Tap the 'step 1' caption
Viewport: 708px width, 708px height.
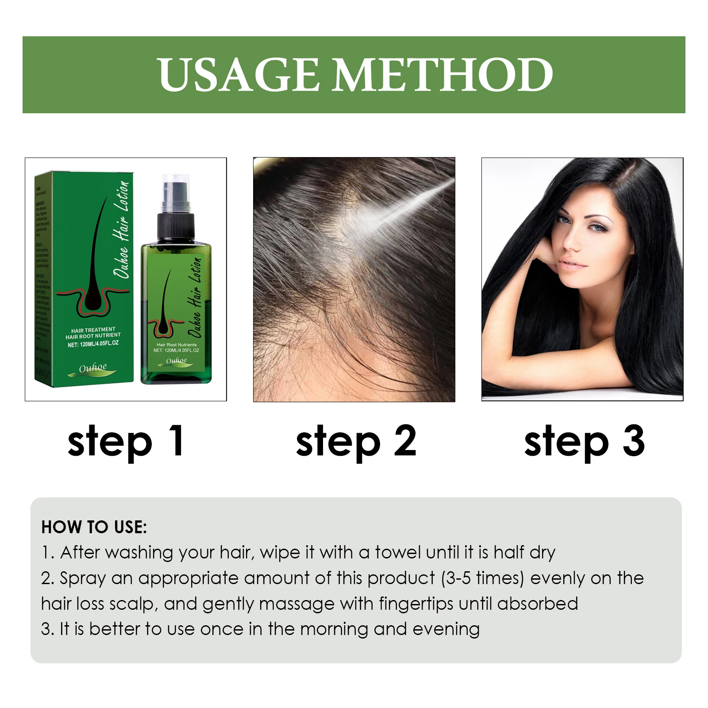126,441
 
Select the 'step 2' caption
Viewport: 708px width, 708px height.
356,441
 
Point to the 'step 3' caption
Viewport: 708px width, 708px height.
584,441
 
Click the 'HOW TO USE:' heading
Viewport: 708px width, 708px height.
94,527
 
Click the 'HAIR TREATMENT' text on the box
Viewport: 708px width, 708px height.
93,330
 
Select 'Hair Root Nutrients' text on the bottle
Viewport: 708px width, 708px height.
177,345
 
